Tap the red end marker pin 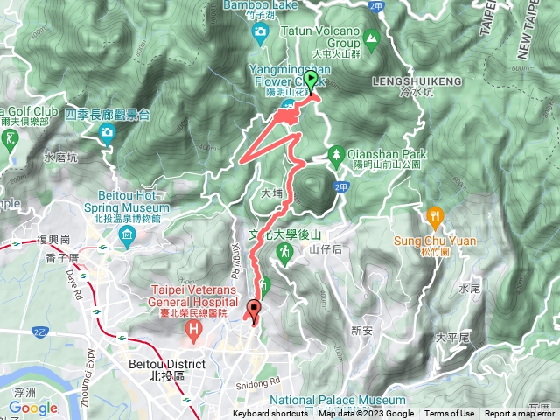[255, 308]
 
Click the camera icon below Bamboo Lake [259, 33]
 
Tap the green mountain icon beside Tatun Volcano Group [371, 37]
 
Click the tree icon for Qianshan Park [334, 155]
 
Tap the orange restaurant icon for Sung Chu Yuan [433, 215]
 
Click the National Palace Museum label [360, 400]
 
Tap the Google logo [33, 408]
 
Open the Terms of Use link [450, 415]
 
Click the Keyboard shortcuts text [269, 415]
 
